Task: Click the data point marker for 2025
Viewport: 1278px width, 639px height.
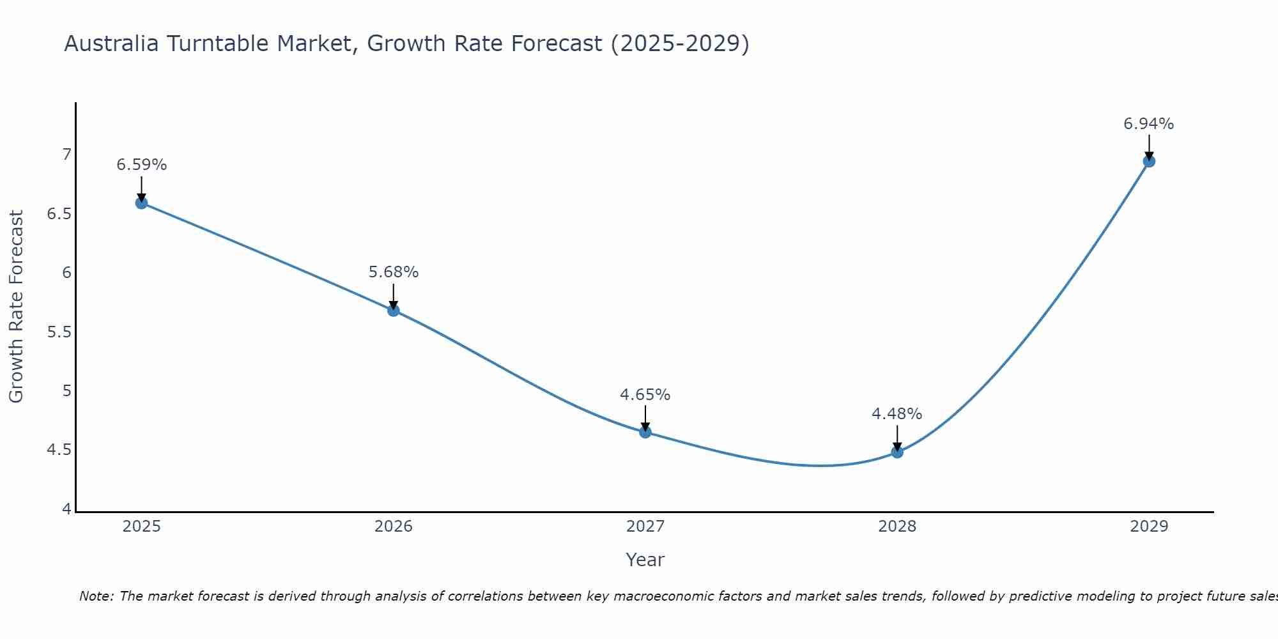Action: tap(141, 203)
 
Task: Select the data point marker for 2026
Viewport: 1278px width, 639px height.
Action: tap(394, 311)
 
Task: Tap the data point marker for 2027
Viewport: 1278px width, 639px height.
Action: tap(645, 432)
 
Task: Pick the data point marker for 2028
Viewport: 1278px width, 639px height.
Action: tap(897, 452)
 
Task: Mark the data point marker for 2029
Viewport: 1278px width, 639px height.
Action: tap(1149, 161)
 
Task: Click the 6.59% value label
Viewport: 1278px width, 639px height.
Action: tap(141, 165)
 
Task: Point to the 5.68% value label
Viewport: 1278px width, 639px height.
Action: tap(394, 272)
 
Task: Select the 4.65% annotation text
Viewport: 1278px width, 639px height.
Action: tap(645, 395)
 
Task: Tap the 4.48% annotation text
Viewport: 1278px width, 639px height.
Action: tap(897, 414)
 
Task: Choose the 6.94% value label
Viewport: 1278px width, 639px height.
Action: tap(1149, 124)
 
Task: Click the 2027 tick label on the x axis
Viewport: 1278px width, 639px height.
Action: tap(645, 527)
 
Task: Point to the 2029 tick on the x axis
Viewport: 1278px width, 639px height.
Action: tap(1149, 527)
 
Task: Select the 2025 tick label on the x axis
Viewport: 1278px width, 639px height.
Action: tap(141, 527)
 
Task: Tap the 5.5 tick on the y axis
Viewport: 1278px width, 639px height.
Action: tap(59, 332)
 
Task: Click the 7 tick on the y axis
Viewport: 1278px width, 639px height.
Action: tap(66, 155)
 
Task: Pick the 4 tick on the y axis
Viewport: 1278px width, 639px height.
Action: tap(66, 509)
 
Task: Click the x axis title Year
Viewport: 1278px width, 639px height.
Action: tap(645, 560)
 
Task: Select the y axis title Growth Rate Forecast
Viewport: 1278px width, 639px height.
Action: tap(16, 307)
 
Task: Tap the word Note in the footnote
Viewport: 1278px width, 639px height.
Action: tap(96, 596)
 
